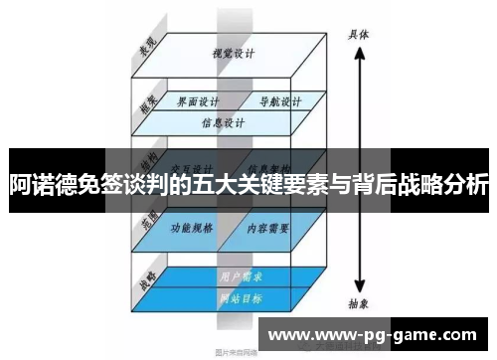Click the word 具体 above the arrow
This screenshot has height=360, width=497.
click(x=358, y=32)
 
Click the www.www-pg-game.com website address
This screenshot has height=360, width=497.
click(x=377, y=335)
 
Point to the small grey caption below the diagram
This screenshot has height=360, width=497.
click(x=236, y=350)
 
